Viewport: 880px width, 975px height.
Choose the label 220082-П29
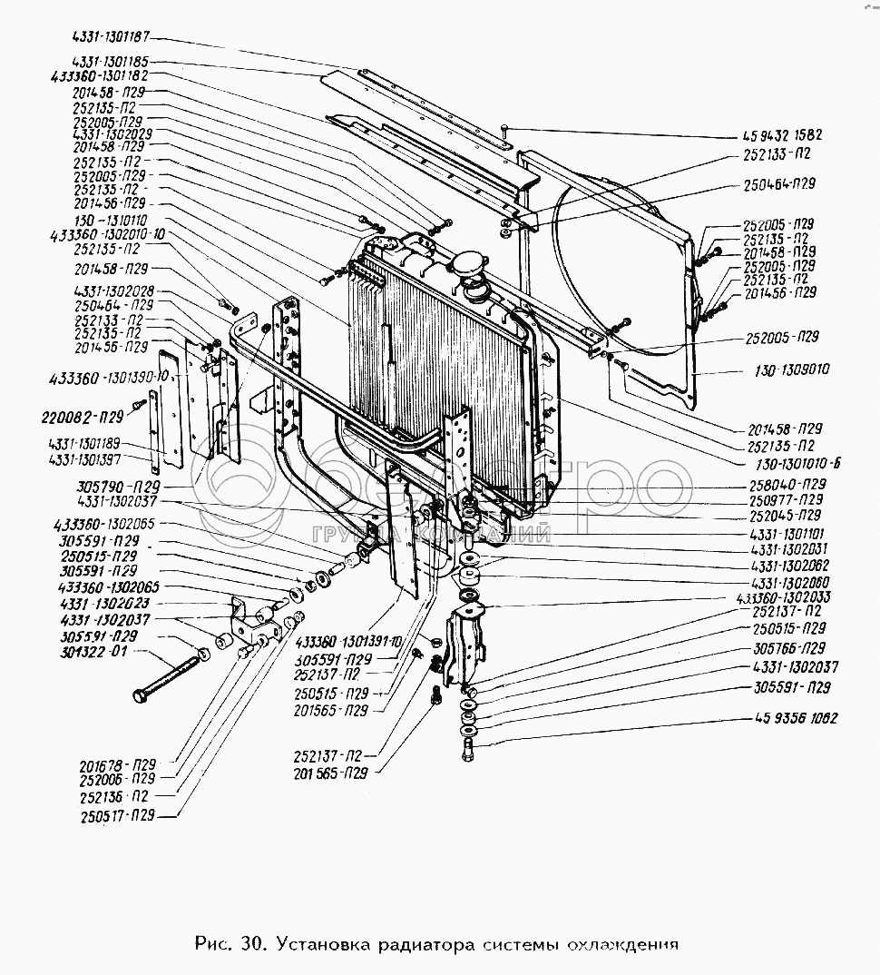pyautogui.click(x=83, y=418)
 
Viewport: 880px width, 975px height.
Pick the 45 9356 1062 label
pyautogui.click(x=796, y=718)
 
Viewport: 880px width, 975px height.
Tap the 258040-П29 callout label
pyautogui.click(x=788, y=484)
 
